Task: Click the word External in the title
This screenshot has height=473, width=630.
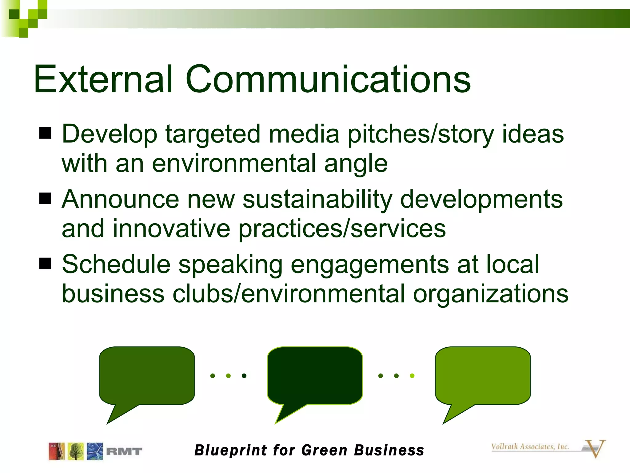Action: pyautogui.click(x=103, y=79)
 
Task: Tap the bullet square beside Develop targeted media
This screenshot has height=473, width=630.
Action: pyautogui.click(x=45, y=134)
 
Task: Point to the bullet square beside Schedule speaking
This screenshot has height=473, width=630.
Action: pyautogui.click(x=45, y=264)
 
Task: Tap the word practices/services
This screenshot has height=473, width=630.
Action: pyautogui.click(x=342, y=229)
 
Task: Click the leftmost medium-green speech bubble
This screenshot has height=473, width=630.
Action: pyautogui.click(x=147, y=376)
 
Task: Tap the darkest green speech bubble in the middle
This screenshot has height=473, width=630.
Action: pyautogui.click(x=315, y=376)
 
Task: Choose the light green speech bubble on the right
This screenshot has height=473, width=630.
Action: pyautogui.click(x=483, y=376)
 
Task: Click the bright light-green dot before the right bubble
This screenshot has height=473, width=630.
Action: pyautogui.click(x=412, y=376)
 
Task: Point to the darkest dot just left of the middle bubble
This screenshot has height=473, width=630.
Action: pyautogui.click(x=244, y=376)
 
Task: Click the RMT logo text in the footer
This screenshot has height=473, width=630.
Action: pyautogui.click(x=124, y=451)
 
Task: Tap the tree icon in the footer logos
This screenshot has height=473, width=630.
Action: pyautogui.click(x=76, y=451)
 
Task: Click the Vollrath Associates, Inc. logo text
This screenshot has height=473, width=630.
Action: pyautogui.click(x=530, y=447)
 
